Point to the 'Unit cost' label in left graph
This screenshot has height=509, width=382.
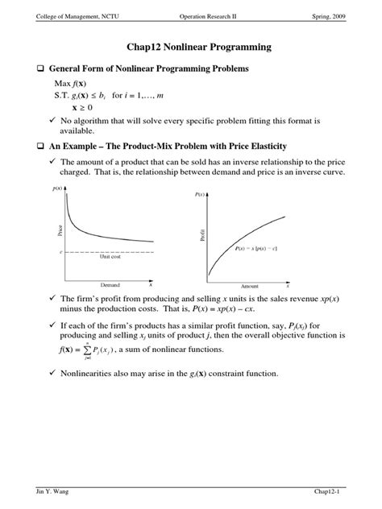[x=110, y=257]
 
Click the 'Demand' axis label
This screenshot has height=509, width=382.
[x=110, y=285]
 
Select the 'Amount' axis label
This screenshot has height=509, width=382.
[x=249, y=286]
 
